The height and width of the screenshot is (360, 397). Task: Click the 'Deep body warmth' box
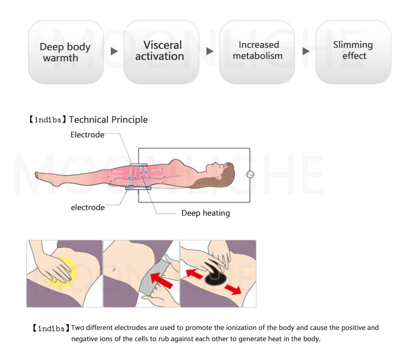click(65, 52)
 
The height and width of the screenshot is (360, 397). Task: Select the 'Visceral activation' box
click(161, 51)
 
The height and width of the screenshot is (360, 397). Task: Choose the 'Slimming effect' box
click(354, 51)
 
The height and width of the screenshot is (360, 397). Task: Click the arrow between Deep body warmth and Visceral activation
click(114, 51)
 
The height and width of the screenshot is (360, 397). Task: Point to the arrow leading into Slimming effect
click(306, 51)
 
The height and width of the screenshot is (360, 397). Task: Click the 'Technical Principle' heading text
click(108, 120)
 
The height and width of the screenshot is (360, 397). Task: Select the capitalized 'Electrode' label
click(87, 135)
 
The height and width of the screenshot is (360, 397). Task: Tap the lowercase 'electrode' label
click(87, 208)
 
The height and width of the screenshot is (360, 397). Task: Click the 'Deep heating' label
click(205, 213)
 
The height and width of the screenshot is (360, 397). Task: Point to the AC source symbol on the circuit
click(250, 175)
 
